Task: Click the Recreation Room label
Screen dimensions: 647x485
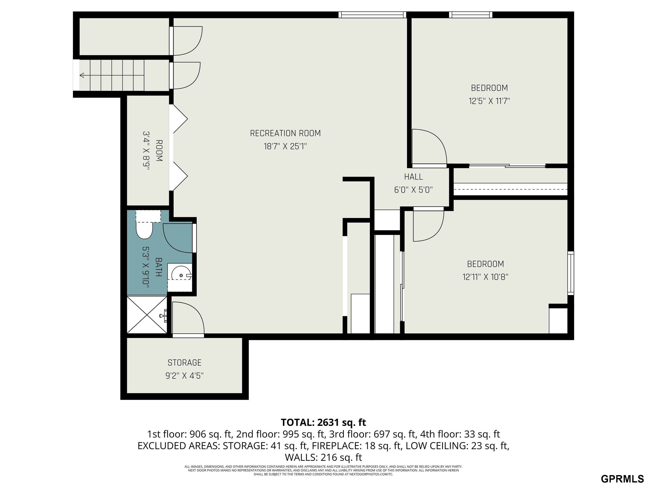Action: (x=285, y=133)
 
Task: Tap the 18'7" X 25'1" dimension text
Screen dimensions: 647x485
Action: (x=285, y=146)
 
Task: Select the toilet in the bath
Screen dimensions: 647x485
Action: (x=144, y=225)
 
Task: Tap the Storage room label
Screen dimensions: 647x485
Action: (x=184, y=362)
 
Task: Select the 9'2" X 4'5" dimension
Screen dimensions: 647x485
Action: (x=184, y=375)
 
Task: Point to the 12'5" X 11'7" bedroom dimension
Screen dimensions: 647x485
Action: (x=489, y=101)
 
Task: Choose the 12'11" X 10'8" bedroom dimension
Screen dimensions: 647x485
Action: (x=485, y=277)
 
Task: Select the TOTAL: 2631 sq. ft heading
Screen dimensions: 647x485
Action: (x=323, y=422)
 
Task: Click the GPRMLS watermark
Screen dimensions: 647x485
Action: (x=622, y=478)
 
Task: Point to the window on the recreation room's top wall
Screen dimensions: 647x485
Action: (x=372, y=15)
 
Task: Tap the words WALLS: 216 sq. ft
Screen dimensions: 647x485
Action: (x=323, y=457)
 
